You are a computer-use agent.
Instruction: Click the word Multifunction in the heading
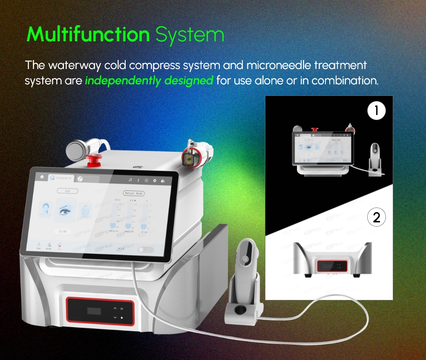(x=88, y=35)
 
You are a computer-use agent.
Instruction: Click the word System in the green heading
(x=190, y=35)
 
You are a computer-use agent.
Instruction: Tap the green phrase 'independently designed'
(x=149, y=80)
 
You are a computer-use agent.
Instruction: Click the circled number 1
(x=377, y=111)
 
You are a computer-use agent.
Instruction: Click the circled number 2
(x=377, y=218)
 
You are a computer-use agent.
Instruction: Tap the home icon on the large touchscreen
(x=42, y=176)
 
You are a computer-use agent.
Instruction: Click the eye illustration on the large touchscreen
(x=66, y=210)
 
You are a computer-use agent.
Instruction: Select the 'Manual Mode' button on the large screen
(x=134, y=193)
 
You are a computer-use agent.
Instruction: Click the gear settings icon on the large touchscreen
(x=155, y=181)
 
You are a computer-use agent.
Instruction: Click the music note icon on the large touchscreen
(x=131, y=180)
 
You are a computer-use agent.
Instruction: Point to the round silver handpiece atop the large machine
(x=77, y=150)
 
